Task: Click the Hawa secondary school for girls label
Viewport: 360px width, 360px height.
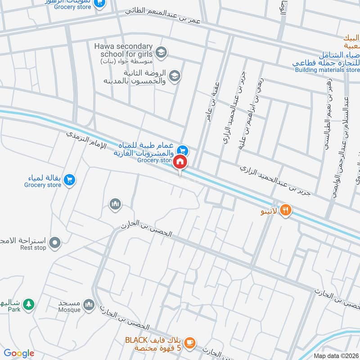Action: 124,50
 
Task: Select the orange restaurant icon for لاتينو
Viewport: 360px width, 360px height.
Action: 286,210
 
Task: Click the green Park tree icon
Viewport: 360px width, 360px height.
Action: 28,304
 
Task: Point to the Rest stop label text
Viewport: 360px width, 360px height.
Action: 33,247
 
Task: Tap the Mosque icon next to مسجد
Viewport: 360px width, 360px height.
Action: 88,305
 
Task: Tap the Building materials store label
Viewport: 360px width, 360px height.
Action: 328,70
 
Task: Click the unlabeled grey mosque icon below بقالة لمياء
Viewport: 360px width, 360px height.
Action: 116,204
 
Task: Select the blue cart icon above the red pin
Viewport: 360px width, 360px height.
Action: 182,149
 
